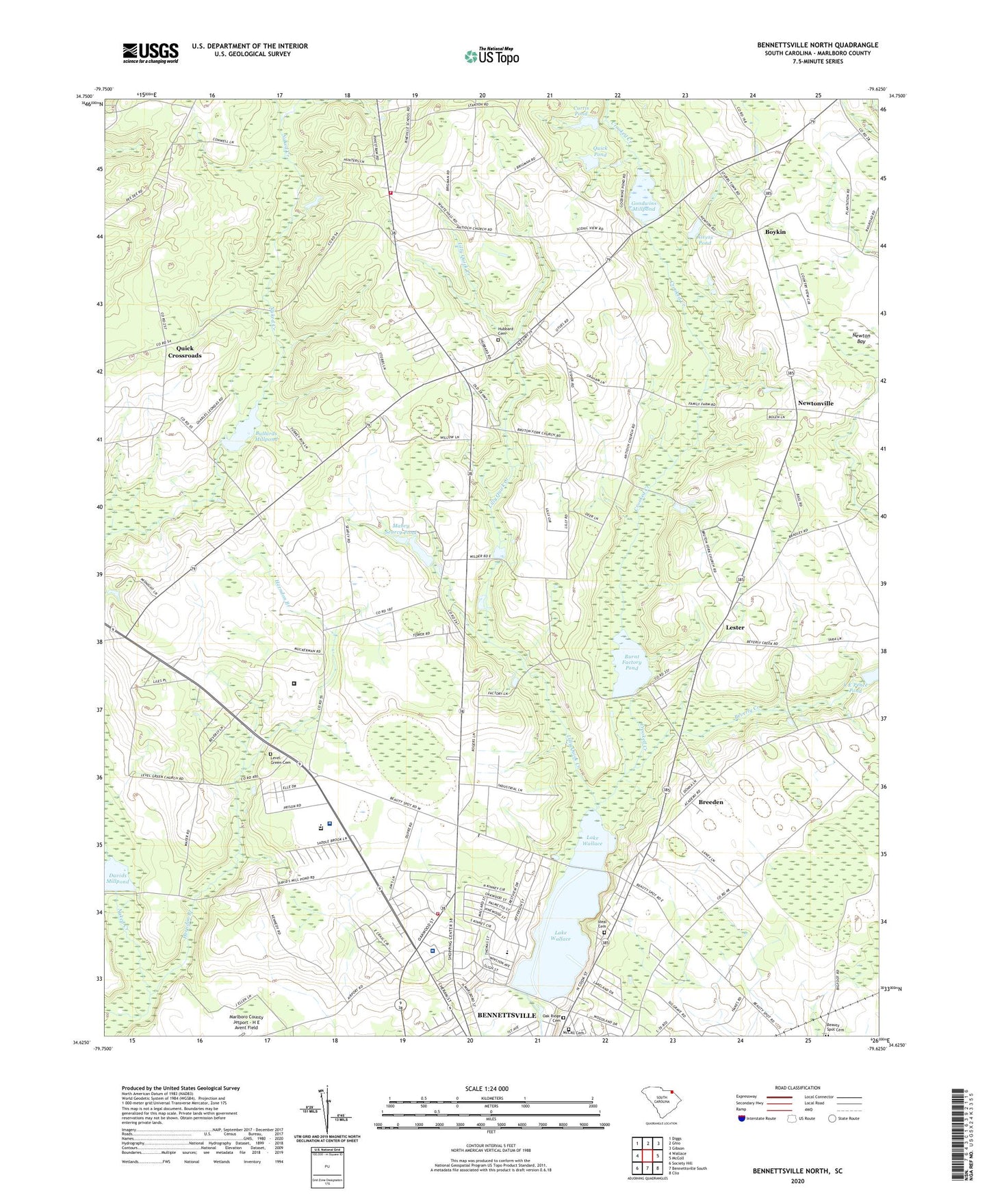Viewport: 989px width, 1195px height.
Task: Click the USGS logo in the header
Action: (x=151, y=53)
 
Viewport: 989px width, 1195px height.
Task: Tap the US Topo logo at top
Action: (x=491, y=56)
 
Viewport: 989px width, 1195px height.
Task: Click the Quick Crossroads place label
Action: (x=185, y=352)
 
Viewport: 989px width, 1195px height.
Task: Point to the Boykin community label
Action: (x=775, y=232)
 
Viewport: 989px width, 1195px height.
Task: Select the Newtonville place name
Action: (x=815, y=403)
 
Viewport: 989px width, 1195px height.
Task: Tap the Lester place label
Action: (x=734, y=627)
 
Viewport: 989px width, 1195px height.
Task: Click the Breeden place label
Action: (x=710, y=801)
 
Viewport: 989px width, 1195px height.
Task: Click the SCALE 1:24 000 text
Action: (x=486, y=1088)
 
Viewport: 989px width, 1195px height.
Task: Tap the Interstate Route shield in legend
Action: (x=742, y=1118)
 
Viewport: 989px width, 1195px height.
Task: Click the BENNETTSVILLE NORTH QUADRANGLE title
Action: (x=817, y=45)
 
